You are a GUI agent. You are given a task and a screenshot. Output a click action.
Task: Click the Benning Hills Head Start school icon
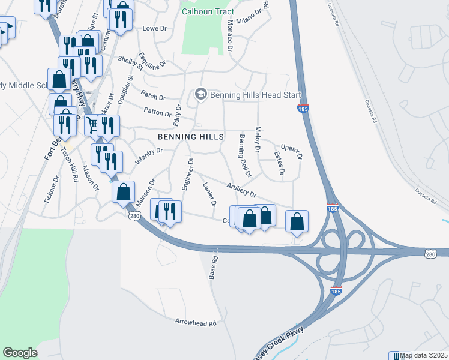point(200,94)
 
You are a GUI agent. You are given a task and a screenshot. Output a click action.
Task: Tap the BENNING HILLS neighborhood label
point(191,137)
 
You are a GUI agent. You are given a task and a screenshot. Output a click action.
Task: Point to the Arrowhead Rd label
point(195,322)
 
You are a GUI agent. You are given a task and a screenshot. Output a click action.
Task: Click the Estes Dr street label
point(279,163)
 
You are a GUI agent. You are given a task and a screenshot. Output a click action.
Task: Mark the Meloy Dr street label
point(258,138)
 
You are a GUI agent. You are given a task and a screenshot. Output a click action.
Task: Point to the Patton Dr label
point(157,111)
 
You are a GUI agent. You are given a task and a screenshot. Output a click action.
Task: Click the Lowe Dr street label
point(153,28)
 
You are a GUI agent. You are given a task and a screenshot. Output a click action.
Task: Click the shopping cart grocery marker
point(92,125)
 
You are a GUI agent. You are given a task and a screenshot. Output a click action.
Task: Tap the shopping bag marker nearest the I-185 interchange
point(297,221)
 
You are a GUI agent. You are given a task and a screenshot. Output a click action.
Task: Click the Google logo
point(20,353)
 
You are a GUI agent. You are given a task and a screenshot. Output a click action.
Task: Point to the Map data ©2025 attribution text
point(424,355)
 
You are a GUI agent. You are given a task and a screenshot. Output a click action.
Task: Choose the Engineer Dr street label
point(188,173)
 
